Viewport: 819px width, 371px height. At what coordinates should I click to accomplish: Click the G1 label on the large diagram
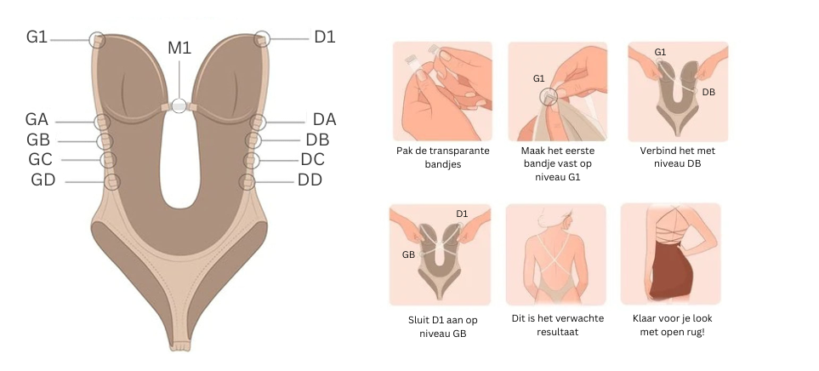pyautogui.click(x=37, y=37)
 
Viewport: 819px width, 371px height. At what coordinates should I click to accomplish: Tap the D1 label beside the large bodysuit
pyautogui.click(x=324, y=37)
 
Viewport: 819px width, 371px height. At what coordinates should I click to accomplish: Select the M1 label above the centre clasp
pyautogui.click(x=179, y=48)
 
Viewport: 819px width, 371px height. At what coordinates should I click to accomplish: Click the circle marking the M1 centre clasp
pyautogui.click(x=179, y=106)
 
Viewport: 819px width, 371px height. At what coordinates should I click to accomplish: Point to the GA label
pyautogui.click(x=37, y=120)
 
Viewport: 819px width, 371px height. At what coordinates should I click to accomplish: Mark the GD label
pyautogui.click(x=43, y=180)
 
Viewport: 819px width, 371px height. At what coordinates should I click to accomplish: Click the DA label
pyautogui.click(x=324, y=120)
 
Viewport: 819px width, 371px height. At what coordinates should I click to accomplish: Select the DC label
pyautogui.click(x=312, y=159)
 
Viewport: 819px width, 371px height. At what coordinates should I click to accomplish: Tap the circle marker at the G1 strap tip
pyautogui.click(x=98, y=39)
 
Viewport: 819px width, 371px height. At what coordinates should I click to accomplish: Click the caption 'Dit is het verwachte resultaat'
pyautogui.click(x=555, y=327)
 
